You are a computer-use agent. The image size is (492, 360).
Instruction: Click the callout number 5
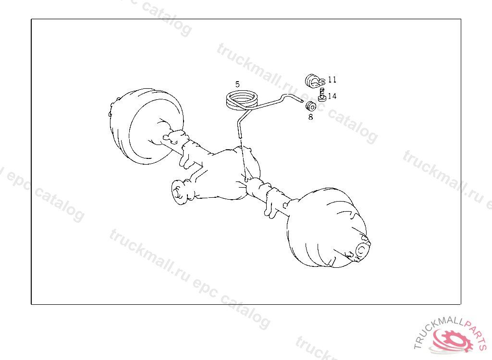tap(237, 84)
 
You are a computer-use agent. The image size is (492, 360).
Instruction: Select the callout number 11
tap(332, 80)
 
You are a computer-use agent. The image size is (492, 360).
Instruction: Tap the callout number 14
tap(332, 96)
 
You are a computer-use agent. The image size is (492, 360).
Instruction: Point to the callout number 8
tap(311, 117)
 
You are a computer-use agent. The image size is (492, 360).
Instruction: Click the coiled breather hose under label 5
tap(242, 99)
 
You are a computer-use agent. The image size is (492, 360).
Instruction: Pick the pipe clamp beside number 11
tap(314, 81)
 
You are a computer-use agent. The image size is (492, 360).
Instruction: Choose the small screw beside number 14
tap(322, 95)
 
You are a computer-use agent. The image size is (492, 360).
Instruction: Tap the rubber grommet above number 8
tap(311, 106)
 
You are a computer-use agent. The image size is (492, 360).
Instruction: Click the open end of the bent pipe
tap(302, 101)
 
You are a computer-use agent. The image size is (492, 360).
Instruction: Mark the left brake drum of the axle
tap(146, 126)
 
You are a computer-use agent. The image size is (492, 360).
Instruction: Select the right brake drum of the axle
tap(328, 228)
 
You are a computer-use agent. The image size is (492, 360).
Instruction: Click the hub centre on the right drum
tap(361, 250)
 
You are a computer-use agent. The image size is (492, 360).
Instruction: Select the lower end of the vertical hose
tap(240, 137)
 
